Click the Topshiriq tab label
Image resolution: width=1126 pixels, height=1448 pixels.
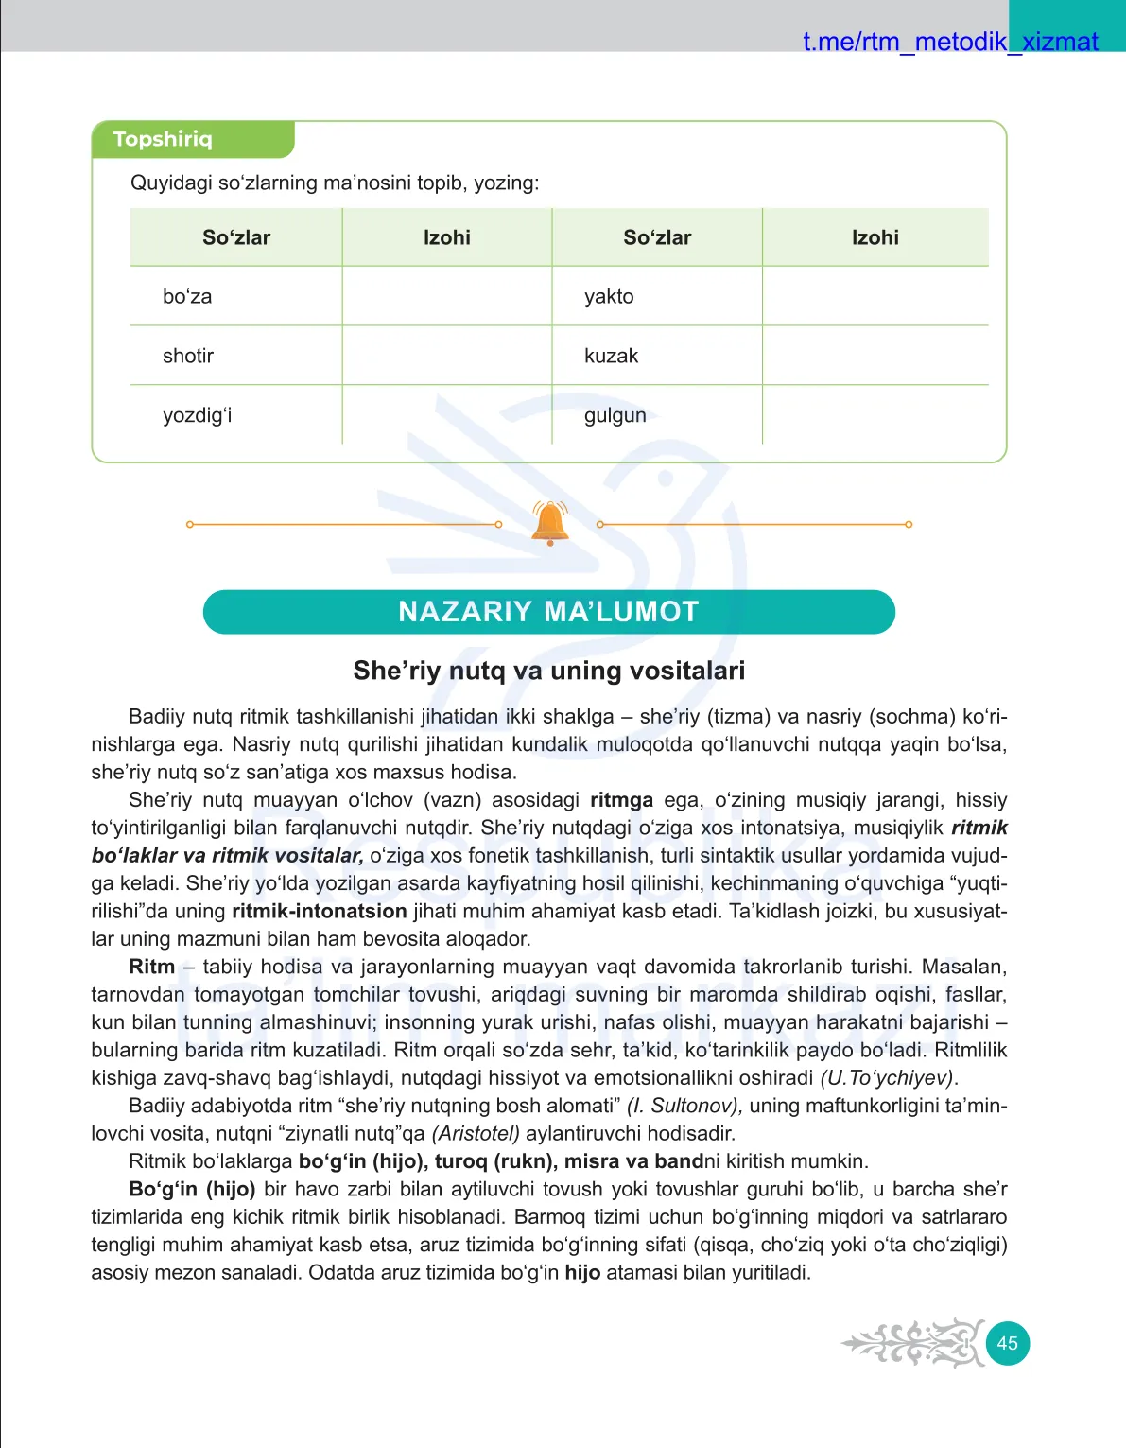click(163, 139)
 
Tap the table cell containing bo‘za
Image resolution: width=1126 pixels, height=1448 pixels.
click(187, 296)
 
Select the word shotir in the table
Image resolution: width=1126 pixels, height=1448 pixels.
click(188, 356)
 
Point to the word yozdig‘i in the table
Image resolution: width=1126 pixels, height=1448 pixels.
click(197, 415)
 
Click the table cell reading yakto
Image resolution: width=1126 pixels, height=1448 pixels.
click(609, 296)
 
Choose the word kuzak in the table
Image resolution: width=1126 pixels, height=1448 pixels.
click(611, 356)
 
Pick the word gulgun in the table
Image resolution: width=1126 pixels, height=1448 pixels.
click(615, 415)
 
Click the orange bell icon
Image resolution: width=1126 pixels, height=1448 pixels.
click(550, 523)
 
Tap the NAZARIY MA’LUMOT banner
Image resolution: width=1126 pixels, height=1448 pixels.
click(548, 612)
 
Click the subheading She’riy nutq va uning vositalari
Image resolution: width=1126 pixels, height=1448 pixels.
click(548, 671)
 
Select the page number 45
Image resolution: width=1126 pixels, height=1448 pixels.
click(1007, 1343)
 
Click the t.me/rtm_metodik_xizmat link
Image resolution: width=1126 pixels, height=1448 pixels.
click(950, 42)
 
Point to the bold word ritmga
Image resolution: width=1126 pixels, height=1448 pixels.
click(621, 800)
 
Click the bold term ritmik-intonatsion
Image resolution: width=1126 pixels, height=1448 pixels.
click(319, 912)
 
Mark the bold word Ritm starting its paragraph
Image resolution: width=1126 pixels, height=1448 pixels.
click(152, 967)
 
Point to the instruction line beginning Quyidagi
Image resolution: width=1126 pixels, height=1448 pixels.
click(335, 183)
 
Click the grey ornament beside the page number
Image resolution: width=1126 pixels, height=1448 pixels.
click(912, 1343)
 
